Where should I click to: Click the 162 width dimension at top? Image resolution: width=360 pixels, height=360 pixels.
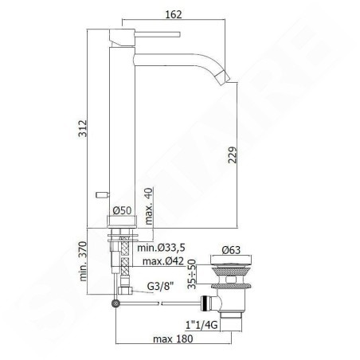(174, 14)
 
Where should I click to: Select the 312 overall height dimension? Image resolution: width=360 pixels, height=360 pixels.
(83, 128)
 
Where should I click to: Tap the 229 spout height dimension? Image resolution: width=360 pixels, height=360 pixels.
(233, 155)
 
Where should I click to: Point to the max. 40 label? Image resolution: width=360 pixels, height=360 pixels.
(149, 206)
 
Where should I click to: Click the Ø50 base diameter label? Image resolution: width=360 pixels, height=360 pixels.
(122, 210)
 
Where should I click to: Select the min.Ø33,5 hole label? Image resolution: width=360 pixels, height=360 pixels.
(161, 248)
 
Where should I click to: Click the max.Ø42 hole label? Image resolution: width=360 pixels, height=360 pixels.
(163, 261)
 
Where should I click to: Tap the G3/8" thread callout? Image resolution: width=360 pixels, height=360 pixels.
(161, 287)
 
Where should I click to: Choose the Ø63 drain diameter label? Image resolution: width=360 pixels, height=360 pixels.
(231, 250)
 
